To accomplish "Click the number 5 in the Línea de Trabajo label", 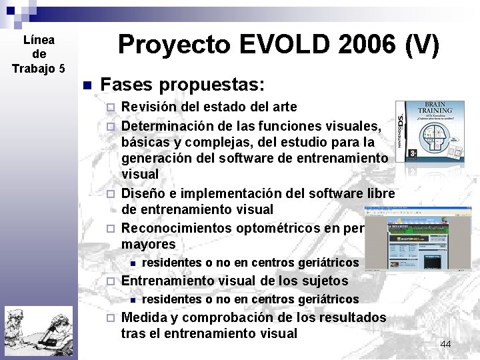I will (x=62, y=69).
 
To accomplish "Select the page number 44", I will (x=445, y=343).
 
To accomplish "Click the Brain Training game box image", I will (x=429, y=131).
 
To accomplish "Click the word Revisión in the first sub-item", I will (x=149, y=107).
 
